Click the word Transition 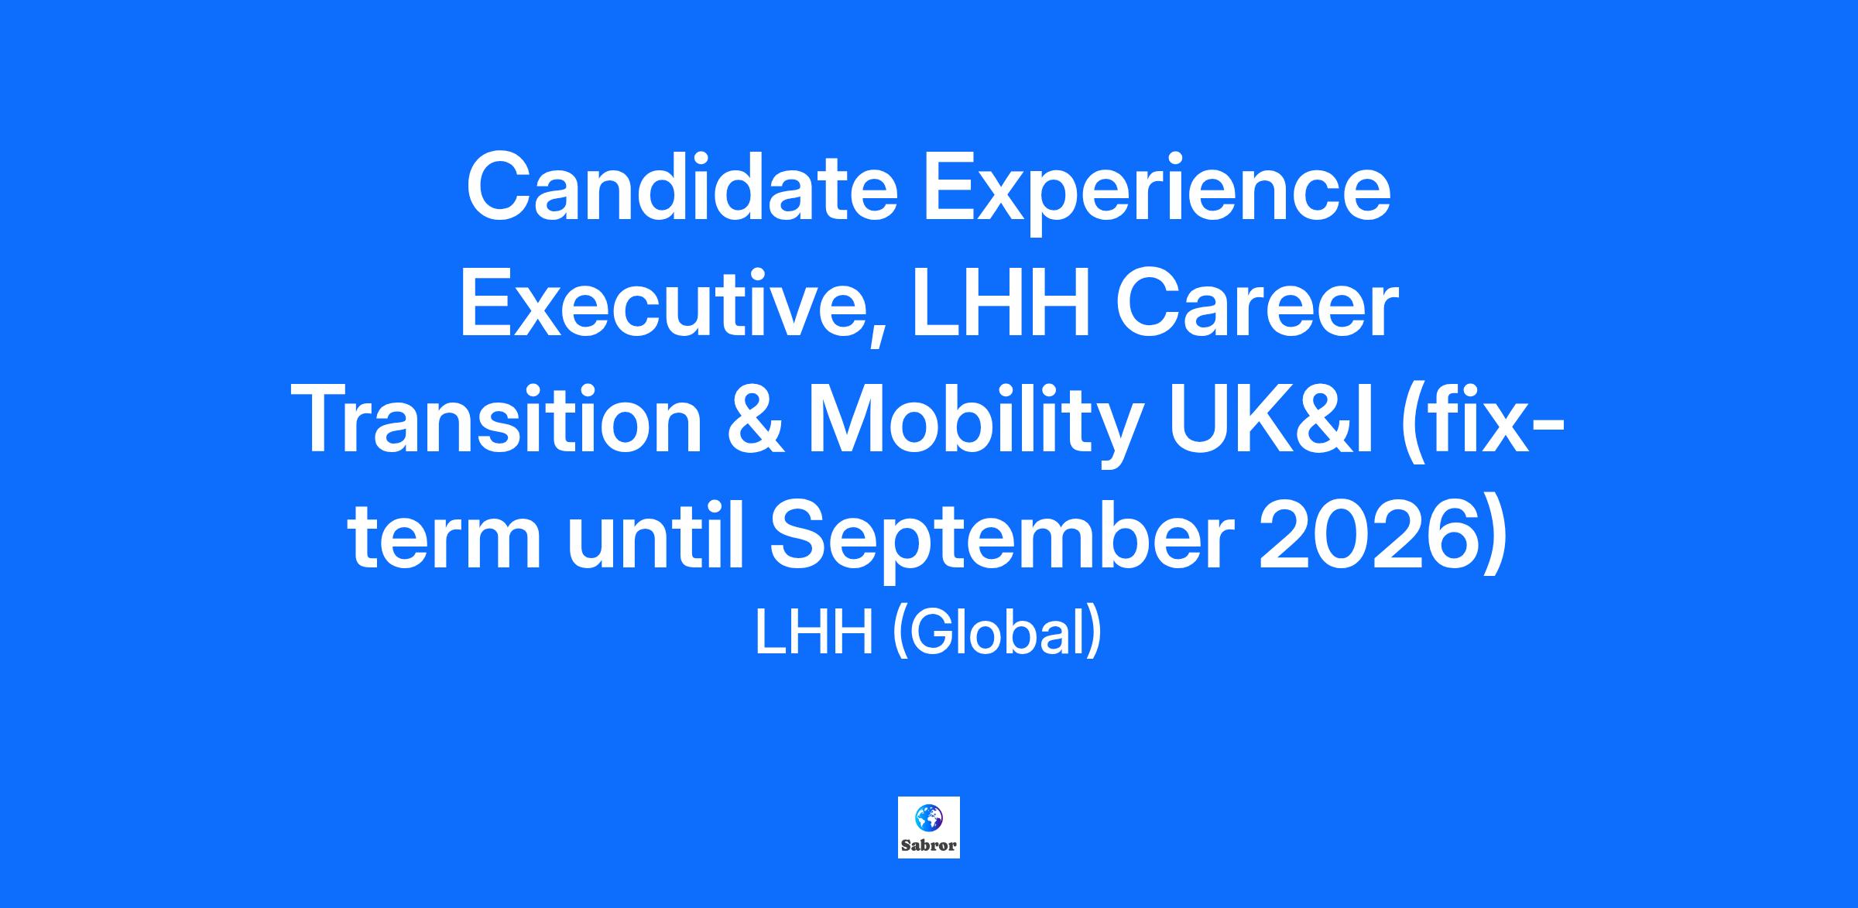coord(500,422)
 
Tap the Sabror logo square coord(929,827)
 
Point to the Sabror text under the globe coord(929,845)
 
